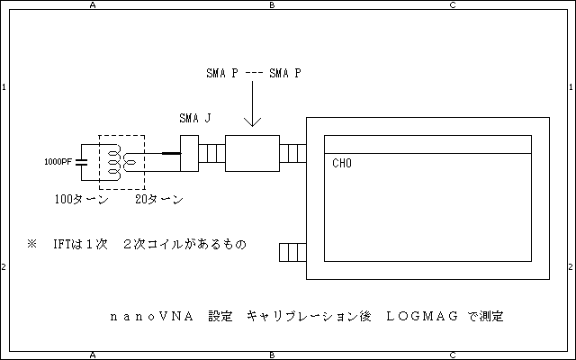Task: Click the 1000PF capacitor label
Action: click(59, 163)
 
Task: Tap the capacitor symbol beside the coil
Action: click(82, 162)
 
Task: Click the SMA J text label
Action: click(195, 119)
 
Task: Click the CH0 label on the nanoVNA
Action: click(342, 164)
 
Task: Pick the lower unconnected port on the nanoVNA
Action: click(293, 253)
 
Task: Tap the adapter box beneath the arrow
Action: click(253, 154)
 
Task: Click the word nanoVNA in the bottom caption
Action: click(148, 317)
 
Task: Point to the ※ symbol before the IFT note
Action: click(32, 244)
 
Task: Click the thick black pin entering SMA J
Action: click(170, 154)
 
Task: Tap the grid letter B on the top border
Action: click(272, 4)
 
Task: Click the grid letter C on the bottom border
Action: click(452, 355)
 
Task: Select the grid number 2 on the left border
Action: click(4, 267)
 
